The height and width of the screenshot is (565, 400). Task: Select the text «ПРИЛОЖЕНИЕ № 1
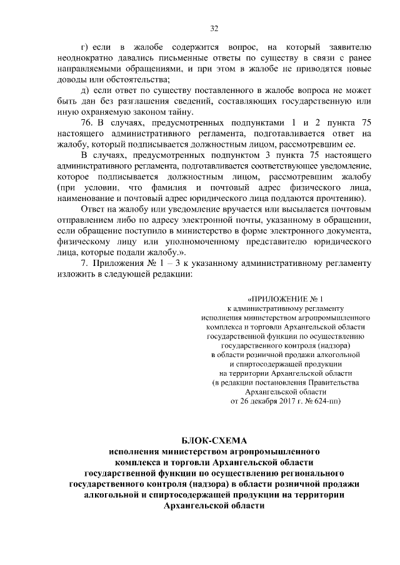(286, 299)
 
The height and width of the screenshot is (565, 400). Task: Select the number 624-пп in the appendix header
(326, 400)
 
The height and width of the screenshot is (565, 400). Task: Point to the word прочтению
(342, 198)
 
